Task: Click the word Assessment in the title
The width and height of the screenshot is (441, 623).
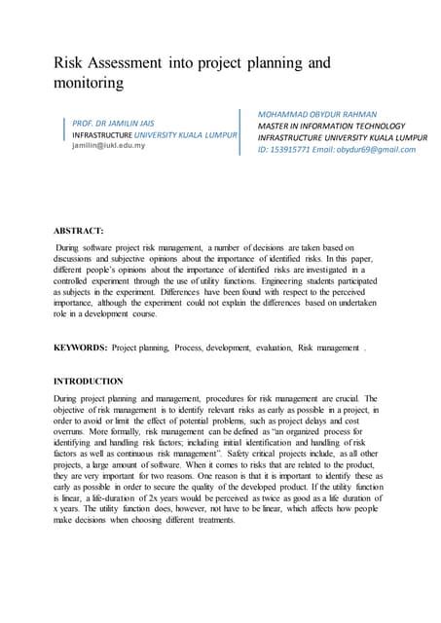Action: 138,63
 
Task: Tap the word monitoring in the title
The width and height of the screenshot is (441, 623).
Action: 88,84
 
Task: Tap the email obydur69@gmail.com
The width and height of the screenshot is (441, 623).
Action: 378,150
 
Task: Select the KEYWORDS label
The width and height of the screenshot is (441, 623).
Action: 80,346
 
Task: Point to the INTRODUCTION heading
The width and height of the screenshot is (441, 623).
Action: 89,381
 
